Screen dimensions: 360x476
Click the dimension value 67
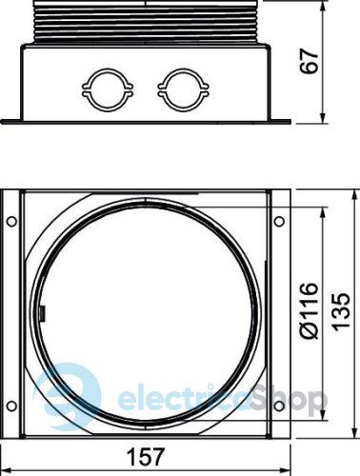click(310, 61)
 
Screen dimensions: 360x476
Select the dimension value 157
click(147, 457)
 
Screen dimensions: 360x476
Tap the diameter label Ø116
click(310, 310)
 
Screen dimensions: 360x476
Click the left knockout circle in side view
click(108, 90)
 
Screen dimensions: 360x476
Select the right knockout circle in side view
click(183, 90)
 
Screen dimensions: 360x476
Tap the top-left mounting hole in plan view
click(11, 221)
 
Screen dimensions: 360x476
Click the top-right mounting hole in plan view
click(279, 221)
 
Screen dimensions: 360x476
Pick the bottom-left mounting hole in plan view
click(11, 406)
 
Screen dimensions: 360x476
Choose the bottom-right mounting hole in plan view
click(279, 406)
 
